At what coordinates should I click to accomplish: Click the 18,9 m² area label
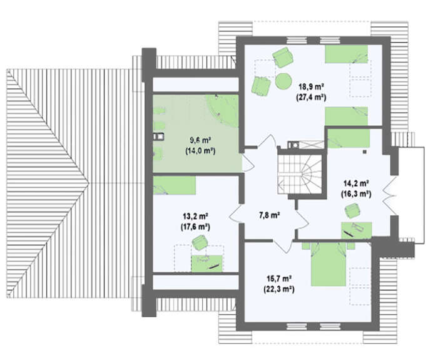[311, 87]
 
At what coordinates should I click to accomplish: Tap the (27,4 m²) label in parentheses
[311, 97]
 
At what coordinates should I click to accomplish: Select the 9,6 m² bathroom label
[200, 140]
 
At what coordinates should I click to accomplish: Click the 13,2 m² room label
[195, 216]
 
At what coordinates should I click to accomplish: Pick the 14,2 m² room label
[356, 183]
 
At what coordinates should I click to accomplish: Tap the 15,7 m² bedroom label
[279, 279]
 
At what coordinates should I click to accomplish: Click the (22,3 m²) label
[279, 289]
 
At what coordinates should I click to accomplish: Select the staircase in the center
[300, 173]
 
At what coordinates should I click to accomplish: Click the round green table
[283, 81]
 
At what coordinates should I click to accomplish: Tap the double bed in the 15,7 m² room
[328, 264]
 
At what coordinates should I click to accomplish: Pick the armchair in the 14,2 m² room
[352, 210]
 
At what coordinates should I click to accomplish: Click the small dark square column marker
[365, 152]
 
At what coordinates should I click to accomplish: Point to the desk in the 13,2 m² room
[206, 264]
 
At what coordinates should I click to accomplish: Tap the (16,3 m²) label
[356, 193]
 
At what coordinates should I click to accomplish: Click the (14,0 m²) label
[200, 151]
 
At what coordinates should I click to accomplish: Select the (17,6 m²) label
[195, 227]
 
